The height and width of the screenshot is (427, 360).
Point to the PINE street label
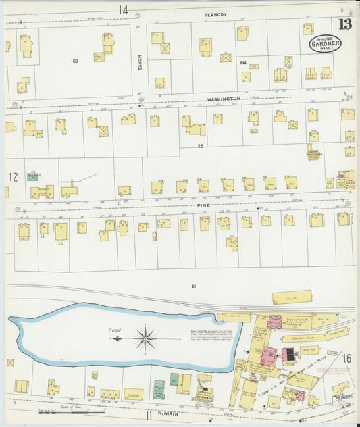pos(204,203)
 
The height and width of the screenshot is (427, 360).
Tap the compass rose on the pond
pos(145,336)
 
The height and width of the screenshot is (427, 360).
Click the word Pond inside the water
pos(114,330)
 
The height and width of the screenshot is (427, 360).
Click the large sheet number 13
pos(345,25)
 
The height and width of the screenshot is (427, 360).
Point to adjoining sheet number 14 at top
pos(123,10)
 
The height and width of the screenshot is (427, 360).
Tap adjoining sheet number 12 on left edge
pos(13,177)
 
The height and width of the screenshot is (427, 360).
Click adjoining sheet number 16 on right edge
pos(347,357)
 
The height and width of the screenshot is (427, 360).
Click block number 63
pos(76,61)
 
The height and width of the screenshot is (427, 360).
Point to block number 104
pos(242,61)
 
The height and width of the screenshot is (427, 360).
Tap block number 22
pos(200,146)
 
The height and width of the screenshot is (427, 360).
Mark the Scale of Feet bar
pos(71,411)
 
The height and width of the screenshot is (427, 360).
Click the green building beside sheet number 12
pos(32,176)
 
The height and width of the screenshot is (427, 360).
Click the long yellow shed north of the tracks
pos(292,297)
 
